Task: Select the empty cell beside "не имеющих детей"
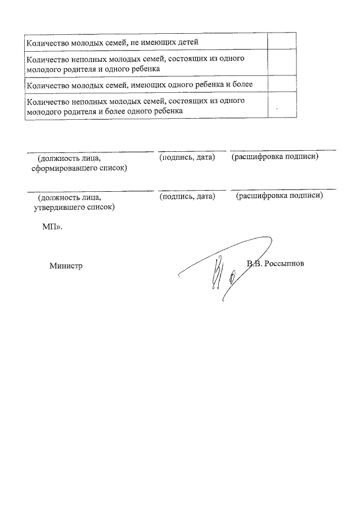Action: pos(281,42)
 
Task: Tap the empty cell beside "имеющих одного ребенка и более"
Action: pos(281,84)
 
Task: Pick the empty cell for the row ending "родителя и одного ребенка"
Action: pos(281,63)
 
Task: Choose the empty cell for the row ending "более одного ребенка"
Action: pos(281,106)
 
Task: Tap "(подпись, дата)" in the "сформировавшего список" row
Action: pos(187,157)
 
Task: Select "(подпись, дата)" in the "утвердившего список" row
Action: pos(187,196)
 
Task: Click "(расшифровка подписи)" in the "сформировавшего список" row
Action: pos(275,156)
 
